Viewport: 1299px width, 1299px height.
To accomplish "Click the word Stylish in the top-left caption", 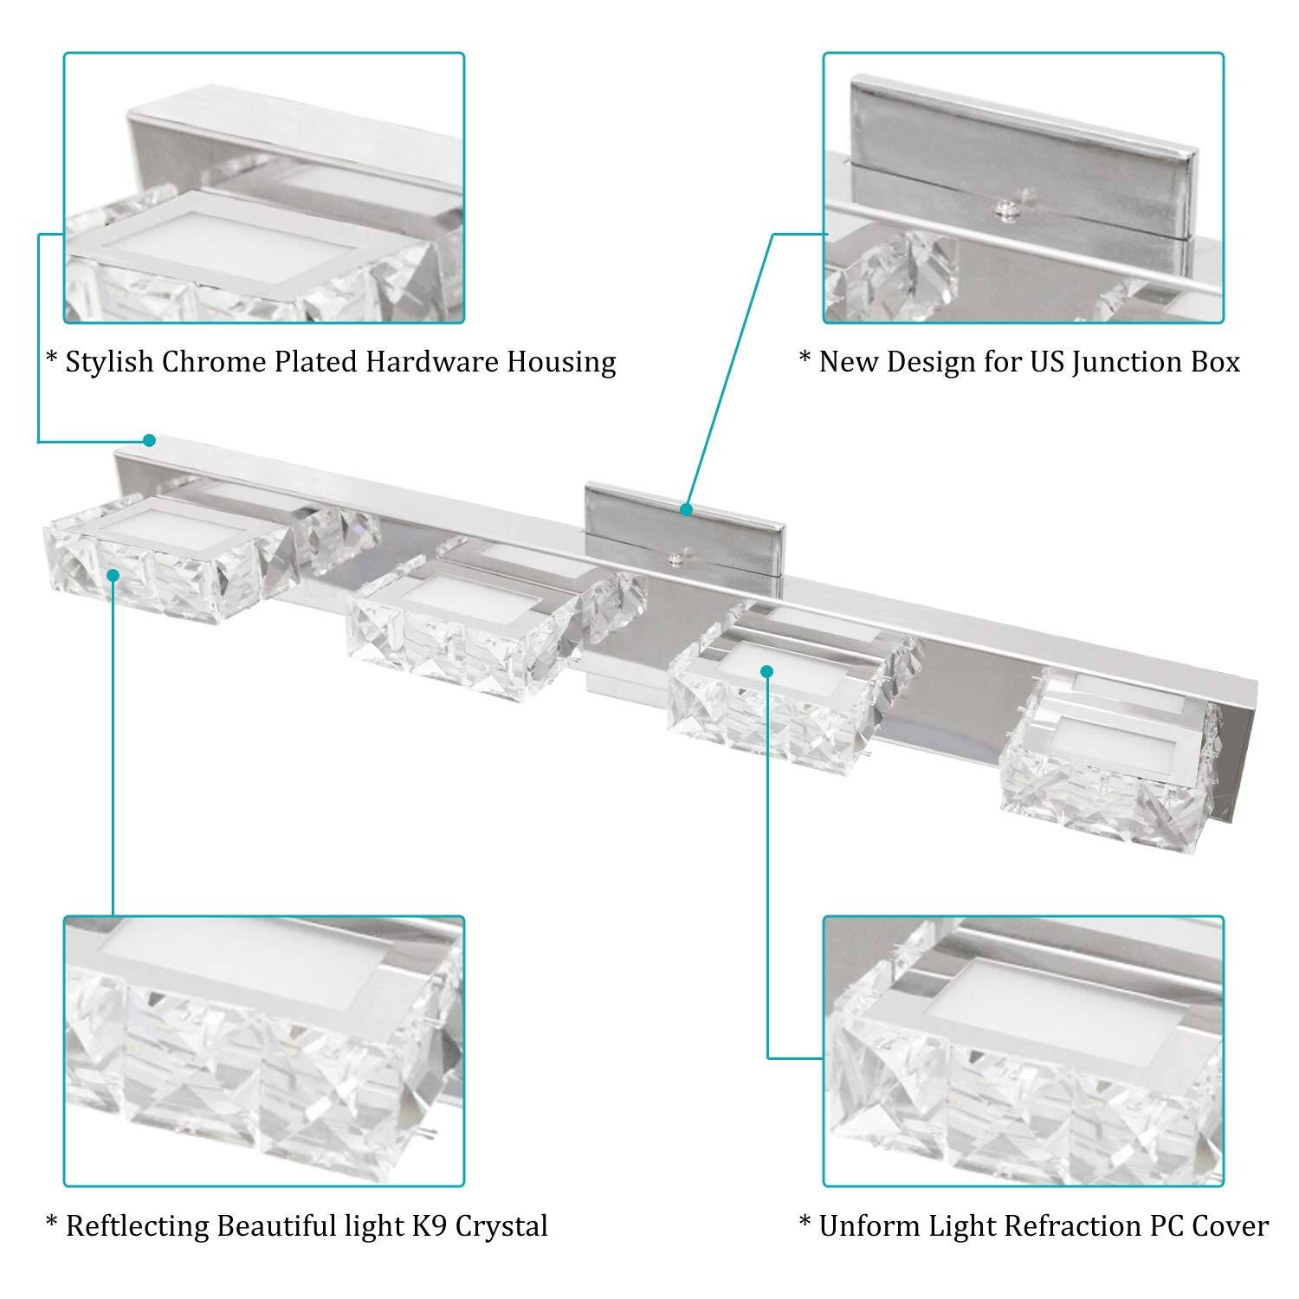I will [109, 362].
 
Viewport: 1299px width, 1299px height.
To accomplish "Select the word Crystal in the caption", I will [501, 1226].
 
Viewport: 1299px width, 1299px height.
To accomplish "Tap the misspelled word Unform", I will [869, 1226].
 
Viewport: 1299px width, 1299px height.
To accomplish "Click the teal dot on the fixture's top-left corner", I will [149, 440].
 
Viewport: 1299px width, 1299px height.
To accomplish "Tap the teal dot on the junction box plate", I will [686, 509].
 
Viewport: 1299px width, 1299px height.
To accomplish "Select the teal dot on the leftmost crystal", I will [113, 572].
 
